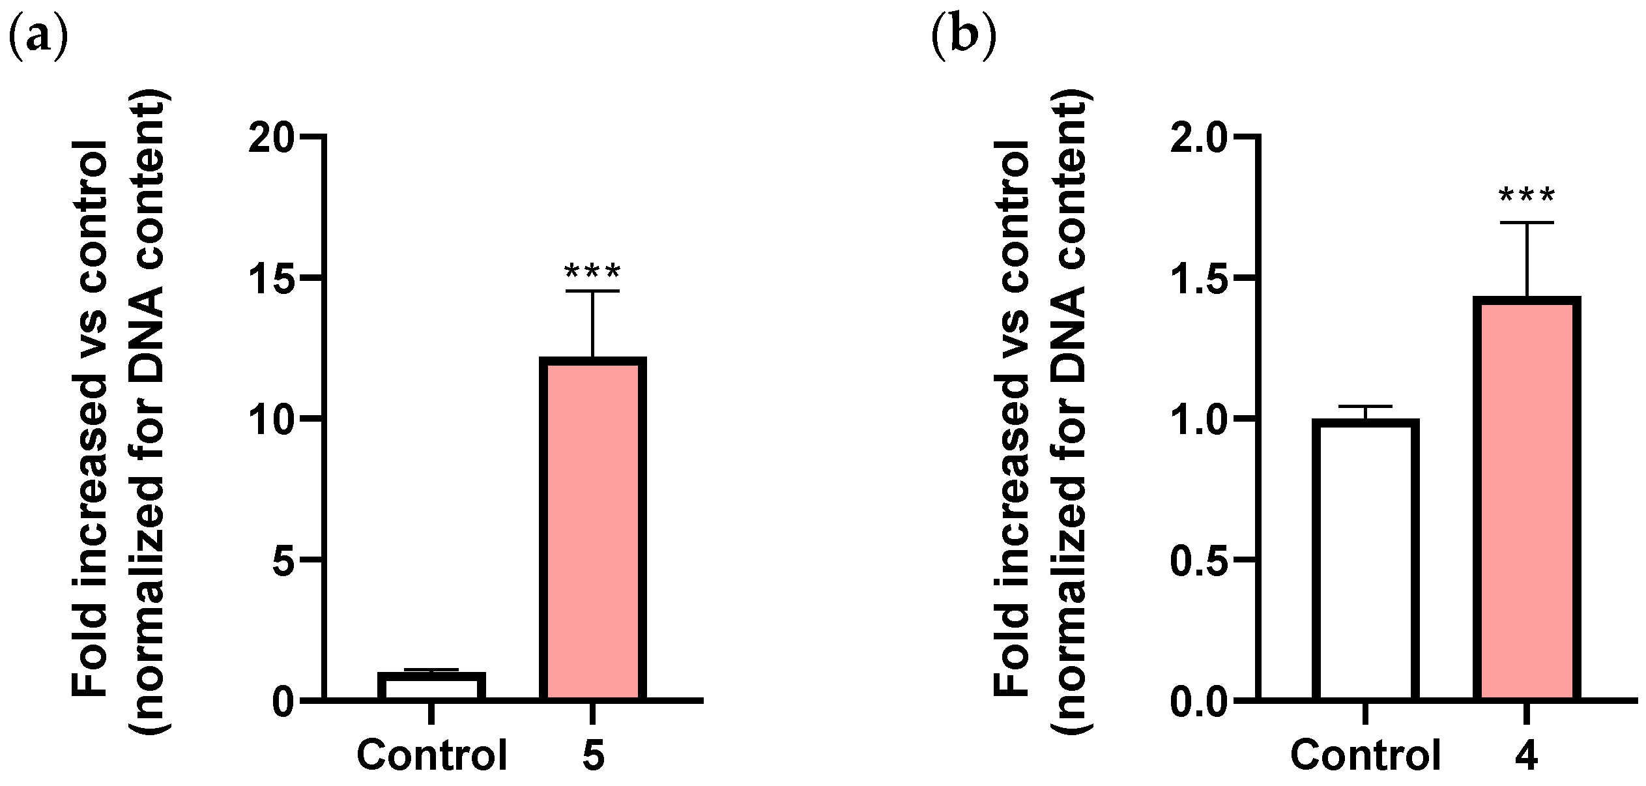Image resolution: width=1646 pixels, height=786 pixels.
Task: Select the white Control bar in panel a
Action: [x=432, y=686]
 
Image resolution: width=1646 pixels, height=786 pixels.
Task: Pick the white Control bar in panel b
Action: [x=1365, y=560]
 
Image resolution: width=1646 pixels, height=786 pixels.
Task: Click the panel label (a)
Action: [x=38, y=37]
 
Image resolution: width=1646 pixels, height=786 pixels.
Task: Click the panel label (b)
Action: [x=964, y=37]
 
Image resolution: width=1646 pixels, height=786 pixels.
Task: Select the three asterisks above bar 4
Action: [x=1526, y=194]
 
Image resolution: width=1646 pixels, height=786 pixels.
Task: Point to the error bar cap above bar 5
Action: [x=592, y=291]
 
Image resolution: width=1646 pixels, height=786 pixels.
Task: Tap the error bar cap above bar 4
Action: [x=1526, y=223]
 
